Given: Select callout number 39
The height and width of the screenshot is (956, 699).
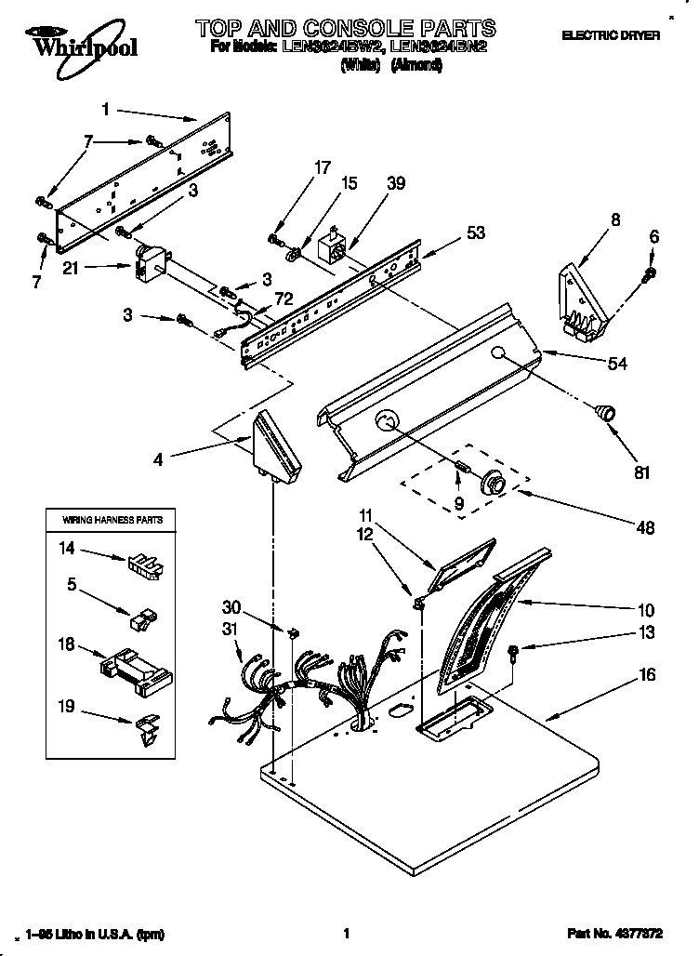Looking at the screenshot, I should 396,184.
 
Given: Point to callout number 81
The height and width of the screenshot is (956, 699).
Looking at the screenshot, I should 641,472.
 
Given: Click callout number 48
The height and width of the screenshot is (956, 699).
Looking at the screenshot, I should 645,527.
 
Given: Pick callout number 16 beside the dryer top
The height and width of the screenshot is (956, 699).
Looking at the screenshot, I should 647,674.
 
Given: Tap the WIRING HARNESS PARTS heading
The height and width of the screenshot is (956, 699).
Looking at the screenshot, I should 112,519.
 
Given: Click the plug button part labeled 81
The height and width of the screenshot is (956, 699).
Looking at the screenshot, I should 606,412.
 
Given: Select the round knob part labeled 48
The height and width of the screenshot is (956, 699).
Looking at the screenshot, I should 492,482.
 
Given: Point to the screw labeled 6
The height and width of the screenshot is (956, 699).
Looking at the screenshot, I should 651,273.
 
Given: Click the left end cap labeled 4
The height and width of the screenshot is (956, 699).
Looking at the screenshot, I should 276,445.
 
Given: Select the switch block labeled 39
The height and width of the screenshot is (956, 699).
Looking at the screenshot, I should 331,250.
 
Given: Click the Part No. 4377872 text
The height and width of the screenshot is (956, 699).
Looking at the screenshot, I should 629,934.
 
